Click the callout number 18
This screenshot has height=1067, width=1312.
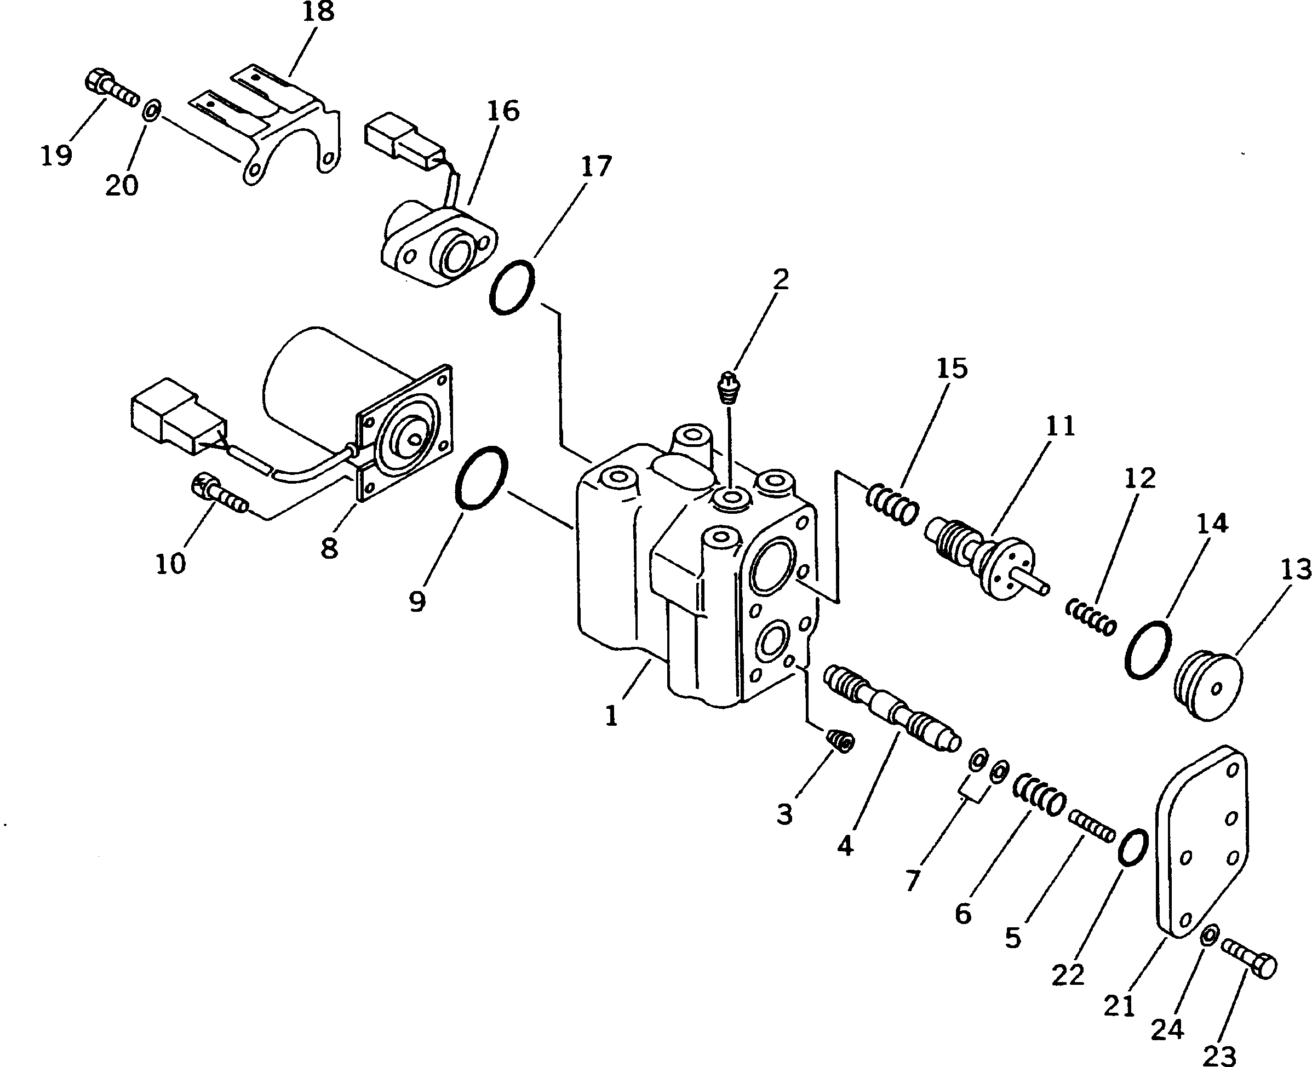pyautogui.click(x=318, y=12)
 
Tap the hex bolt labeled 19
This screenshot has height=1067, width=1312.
pyautogui.click(x=110, y=90)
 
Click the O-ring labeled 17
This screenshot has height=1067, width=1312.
pyautogui.click(x=512, y=288)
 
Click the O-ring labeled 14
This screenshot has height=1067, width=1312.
pyautogui.click(x=1148, y=650)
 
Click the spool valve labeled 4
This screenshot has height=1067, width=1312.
pyautogui.click(x=890, y=708)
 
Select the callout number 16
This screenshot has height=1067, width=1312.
pyautogui.click(x=503, y=111)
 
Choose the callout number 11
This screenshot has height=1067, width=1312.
pyautogui.click(x=1060, y=426)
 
